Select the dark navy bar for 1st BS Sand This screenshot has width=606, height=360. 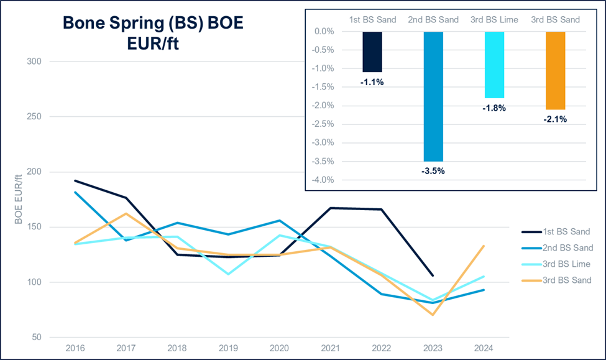pos(372,52)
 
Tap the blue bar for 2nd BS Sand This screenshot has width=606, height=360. pos(433,96)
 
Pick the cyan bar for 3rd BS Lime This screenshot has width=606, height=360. pos(495,65)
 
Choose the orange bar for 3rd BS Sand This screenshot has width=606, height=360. pos(556,70)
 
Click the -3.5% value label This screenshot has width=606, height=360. pos(433,170)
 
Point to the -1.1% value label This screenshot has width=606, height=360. pos(372,81)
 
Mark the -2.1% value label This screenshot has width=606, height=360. pos(556,119)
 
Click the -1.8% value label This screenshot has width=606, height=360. pos(495,108)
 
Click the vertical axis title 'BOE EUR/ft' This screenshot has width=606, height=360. pos(18,199)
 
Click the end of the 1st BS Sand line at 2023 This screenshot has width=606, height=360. pos(433,275)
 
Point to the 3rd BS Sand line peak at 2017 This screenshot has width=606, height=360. pos(127,213)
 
